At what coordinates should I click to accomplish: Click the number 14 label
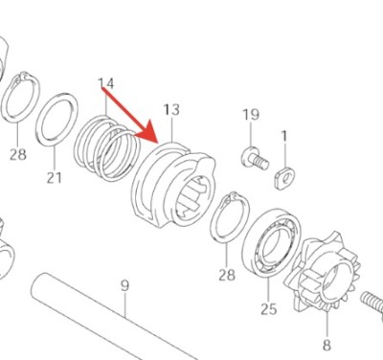pos(106,84)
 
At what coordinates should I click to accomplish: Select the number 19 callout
pos(251,116)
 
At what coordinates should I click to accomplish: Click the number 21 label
pos(55,177)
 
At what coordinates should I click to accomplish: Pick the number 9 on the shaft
pos(124,285)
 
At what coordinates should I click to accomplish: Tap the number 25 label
pos(268,308)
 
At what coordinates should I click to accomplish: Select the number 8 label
pos(326,345)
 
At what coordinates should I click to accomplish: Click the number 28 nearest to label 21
pos(17,153)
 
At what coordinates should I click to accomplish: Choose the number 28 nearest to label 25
pos(226,276)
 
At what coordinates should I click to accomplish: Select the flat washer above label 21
pos(58,120)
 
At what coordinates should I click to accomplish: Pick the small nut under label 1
pos(283,174)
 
